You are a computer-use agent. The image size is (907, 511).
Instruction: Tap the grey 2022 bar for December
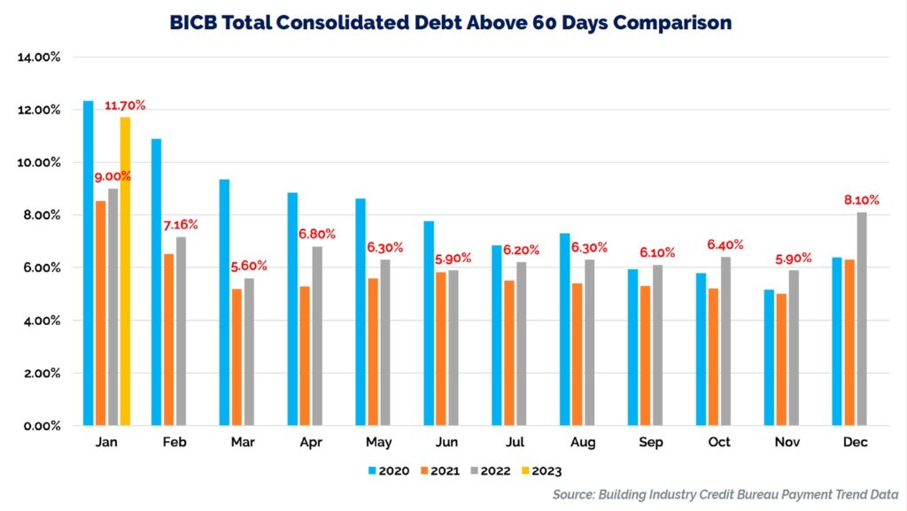[x=861, y=319]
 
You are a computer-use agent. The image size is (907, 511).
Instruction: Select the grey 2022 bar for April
[x=317, y=336]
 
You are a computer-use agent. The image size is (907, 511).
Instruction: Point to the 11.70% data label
[x=125, y=105]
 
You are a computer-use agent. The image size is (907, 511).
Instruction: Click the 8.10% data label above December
[x=859, y=200]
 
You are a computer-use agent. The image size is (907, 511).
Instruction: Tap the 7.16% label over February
[x=180, y=225]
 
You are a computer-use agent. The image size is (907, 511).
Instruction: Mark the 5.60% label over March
[x=249, y=266]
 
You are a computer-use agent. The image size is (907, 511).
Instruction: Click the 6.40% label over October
[x=725, y=244]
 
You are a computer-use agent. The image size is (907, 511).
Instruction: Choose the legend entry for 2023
[x=539, y=471]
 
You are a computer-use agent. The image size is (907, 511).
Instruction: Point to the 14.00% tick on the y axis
[x=38, y=58]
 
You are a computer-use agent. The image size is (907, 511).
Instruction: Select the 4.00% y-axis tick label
[x=41, y=321]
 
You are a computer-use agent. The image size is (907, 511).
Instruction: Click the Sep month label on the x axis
[x=645, y=442]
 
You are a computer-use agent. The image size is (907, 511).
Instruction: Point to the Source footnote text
[x=725, y=494]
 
